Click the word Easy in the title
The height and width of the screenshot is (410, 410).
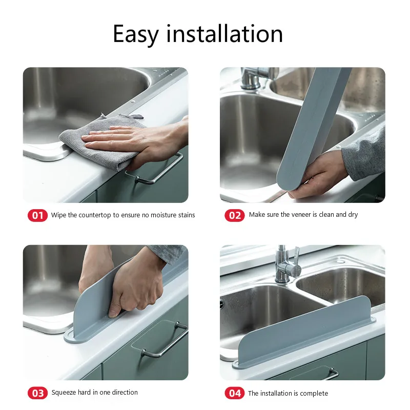click(x=136, y=34)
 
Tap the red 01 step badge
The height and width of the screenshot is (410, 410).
click(x=37, y=215)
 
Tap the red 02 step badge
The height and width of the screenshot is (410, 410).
click(x=234, y=215)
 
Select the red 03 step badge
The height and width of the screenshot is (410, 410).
click(x=37, y=393)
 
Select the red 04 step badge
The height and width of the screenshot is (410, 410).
click(x=234, y=393)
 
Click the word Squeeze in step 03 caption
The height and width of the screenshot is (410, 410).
click(x=64, y=393)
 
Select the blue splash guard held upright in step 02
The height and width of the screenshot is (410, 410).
click(x=313, y=128)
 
